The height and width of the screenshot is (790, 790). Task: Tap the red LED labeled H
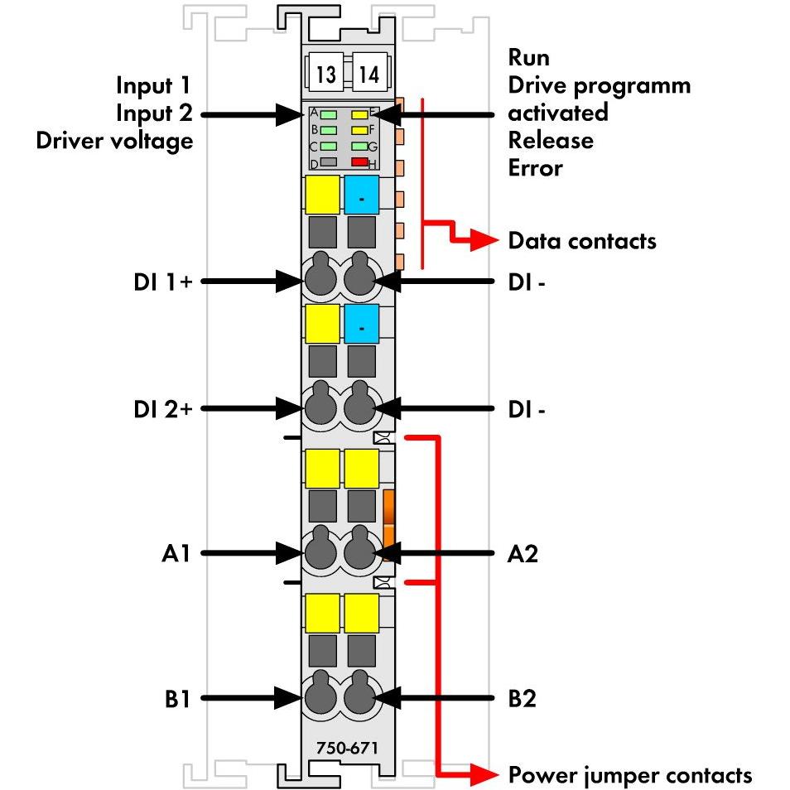click(359, 161)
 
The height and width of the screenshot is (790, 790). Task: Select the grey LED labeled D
click(329, 161)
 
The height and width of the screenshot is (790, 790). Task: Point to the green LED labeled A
click(329, 114)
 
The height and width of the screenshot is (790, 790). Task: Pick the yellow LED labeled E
click(359, 114)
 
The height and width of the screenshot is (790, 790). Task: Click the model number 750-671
click(347, 748)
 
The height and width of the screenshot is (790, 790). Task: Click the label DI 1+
click(163, 282)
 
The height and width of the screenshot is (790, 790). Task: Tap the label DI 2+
click(163, 409)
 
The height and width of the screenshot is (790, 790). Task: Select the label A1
click(176, 553)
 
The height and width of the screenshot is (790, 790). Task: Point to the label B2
click(522, 698)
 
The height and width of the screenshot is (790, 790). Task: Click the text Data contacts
click(582, 241)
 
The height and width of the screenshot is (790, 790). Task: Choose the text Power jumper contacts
click(630, 775)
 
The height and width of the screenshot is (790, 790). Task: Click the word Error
click(535, 168)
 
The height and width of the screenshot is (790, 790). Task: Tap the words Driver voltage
click(114, 141)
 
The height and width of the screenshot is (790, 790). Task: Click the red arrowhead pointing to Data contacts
click(484, 240)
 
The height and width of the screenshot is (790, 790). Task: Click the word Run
click(528, 57)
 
